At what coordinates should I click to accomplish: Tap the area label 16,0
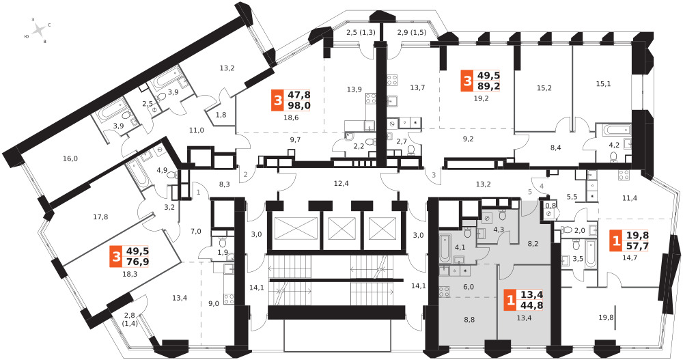pos(70,158)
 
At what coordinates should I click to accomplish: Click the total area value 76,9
pos(137,261)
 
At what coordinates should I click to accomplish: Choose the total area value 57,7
pos(638,246)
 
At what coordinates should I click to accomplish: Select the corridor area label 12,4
pos(341,184)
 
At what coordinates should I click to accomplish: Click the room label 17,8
pos(101,217)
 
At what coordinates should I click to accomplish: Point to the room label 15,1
pos(603,84)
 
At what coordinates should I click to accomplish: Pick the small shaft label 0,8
pos(550,206)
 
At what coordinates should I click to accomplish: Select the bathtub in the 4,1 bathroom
pos(445,248)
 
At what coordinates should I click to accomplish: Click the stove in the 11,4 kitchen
pos(624,175)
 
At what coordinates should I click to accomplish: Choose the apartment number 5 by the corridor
pos(530,191)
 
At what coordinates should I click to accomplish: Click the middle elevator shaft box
pos(341,227)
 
